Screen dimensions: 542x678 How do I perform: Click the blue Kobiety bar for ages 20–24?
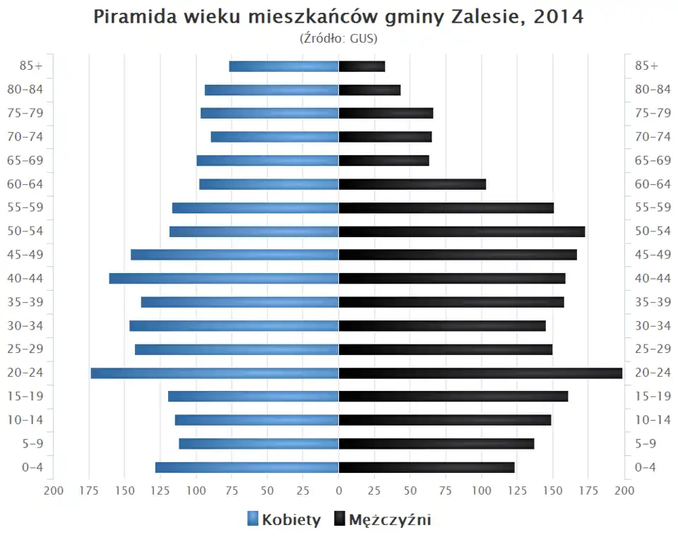(215, 373)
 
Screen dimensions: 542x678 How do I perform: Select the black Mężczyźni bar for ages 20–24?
(480, 373)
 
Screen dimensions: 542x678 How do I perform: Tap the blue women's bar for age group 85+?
(284, 66)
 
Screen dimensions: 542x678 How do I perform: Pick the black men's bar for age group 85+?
(362, 66)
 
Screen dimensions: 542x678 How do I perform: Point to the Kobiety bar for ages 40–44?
(224, 279)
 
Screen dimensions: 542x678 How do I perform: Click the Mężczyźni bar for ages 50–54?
(462, 231)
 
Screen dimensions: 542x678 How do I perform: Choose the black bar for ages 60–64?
(412, 184)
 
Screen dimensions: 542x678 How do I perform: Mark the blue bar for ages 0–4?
(247, 467)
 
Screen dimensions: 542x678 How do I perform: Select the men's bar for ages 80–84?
(369, 90)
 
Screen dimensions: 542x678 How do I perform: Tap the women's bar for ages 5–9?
(258, 444)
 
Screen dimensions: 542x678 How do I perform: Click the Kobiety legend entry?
(284, 520)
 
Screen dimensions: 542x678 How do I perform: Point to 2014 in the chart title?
(559, 17)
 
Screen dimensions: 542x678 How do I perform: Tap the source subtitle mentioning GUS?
(338, 38)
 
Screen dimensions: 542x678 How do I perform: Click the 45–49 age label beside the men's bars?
(653, 255)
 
